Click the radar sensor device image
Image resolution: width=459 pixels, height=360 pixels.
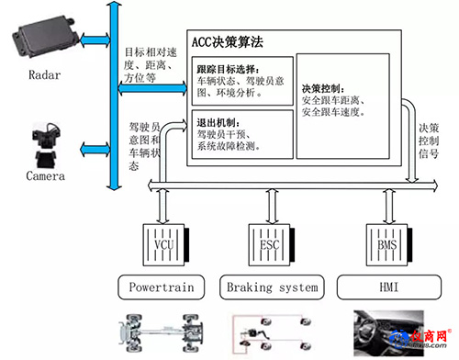click(45, 38)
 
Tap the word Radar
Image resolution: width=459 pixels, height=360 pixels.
click(45, 75)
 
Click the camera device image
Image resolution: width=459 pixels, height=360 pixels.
click(46, 145)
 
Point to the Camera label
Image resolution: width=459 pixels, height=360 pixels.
click(46, 176)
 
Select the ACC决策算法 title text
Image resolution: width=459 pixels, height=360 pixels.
click(228, 42)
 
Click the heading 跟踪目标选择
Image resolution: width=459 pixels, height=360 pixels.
click(228, 69)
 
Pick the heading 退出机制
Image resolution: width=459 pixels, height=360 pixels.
click(218, 123)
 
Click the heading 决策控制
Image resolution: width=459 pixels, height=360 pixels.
click(323, 89)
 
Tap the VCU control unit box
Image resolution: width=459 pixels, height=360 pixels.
click(166, 245)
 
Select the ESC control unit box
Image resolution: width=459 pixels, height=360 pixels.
click(271, 245)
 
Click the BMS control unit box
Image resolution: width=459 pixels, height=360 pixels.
click(389, 245)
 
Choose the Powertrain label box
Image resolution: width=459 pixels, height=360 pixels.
click(162, 287)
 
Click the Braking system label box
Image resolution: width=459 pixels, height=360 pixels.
click(272, 287)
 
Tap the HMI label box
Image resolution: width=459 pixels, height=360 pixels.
click(389, 287)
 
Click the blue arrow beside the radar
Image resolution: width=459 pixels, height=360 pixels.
click(95, 40)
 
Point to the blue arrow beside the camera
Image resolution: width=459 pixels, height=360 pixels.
click(95, 150)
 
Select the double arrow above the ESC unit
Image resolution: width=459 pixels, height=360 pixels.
click(272, 207)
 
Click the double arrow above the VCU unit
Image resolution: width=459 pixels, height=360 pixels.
click(162, 207)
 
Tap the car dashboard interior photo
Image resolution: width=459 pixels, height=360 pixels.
click(388, 333)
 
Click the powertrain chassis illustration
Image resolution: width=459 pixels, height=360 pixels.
click(161, 333)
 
